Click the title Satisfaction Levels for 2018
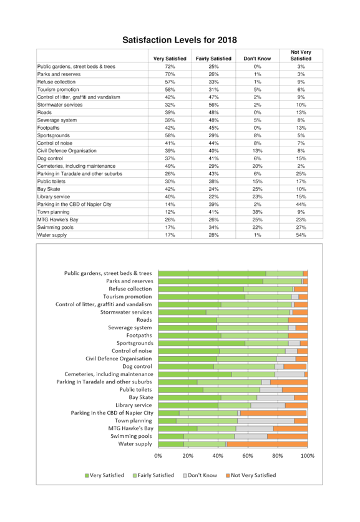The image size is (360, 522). [180, 40]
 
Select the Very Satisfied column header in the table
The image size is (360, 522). [170, 59]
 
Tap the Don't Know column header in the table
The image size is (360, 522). [257, 59]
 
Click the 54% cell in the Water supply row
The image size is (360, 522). [301, 235]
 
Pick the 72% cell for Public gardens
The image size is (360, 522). [170, 67]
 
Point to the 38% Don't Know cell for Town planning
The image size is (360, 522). [258, 212]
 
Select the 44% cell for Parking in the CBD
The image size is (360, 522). [301, 205]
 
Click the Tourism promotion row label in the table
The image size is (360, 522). [58, 90]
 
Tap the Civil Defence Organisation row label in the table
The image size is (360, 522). [67, 151]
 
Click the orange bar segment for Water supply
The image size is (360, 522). [267, 444]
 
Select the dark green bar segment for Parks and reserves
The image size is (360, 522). [210, 281]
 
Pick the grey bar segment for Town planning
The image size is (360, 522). [266, 421]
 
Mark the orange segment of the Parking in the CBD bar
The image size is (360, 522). [273, 413]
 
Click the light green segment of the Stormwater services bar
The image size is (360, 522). [248, 312]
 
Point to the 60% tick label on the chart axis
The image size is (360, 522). [248, 456]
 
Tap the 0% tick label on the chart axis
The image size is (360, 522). [158, 456]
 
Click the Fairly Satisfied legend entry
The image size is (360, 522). [153, 475]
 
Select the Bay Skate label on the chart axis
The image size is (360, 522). [141, 397]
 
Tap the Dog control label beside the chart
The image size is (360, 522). [137, 367]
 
